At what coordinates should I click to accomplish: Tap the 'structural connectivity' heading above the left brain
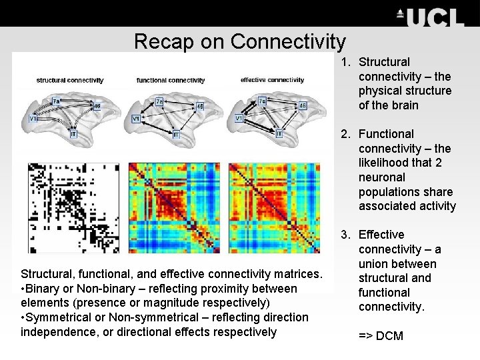pyautogui.click(x=70, y=80)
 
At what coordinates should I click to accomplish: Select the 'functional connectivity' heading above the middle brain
pyautogui.click(x=171, y=80)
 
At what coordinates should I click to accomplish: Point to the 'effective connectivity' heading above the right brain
pyautogui.click(x=272, y=80)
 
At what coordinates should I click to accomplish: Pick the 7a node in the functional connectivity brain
pyautogui.click(x=159, y=101)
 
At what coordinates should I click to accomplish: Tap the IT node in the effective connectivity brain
pyautogui.click(x=279, y=134)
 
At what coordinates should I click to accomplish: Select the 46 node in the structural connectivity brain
pyautogui.click(x=97, y=105)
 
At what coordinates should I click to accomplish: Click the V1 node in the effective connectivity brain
pyautogui.click(x=239, y=118)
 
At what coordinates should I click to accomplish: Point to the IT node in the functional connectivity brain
pyautogui.click(x=177, y=134)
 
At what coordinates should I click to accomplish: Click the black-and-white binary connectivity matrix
pyautogui.click(x=73, y=207)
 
